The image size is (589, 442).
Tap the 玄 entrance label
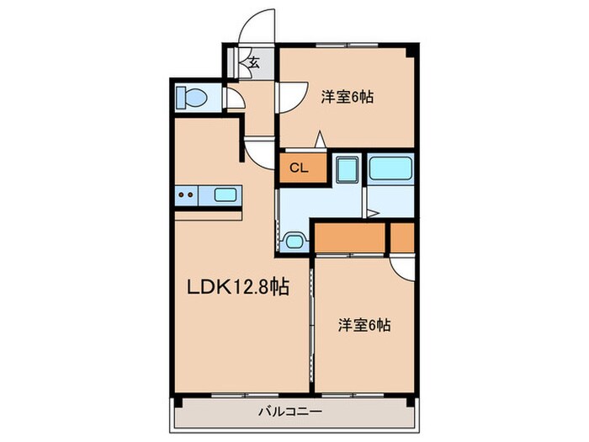click(x=252, y=61)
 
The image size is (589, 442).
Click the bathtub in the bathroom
click(x=390, y=168)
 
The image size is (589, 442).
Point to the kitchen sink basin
click(x=226, y=195)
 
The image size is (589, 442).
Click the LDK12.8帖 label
click(x=238, y=288)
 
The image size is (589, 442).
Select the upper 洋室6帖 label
click(x=347, y=98)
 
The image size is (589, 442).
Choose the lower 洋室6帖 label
click(x=364, y=324)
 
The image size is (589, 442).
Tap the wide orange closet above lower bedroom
click(x=350, y=237)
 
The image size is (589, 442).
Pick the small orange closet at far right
click(x=403, y=237)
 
